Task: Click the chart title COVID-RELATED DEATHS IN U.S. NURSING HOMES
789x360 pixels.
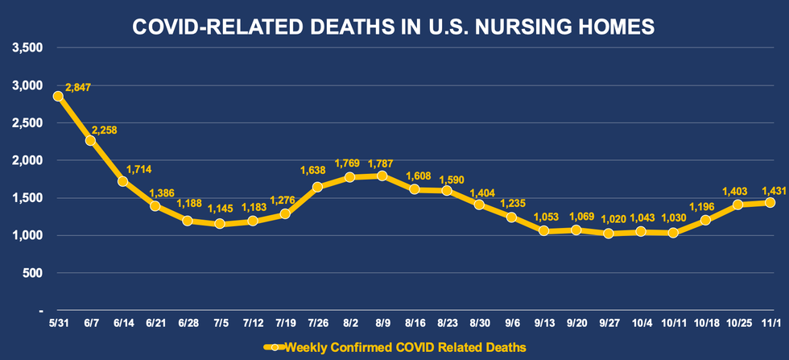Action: (394, 28)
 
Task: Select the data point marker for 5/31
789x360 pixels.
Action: (58, 96)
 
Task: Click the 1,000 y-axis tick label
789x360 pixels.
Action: (28, 235)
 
